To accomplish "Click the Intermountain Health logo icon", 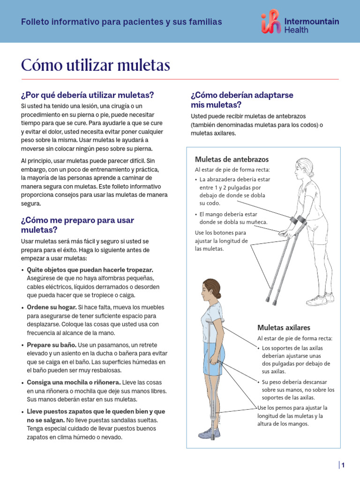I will coord(271,22).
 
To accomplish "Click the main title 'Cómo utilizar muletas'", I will coord(95,65).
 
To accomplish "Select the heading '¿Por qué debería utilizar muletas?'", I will coord(88,95).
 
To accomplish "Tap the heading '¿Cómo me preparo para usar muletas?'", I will coord(77,225).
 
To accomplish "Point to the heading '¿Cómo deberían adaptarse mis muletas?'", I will coord(242,99).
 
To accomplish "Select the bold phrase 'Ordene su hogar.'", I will coord(52,307).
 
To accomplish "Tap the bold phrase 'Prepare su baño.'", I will coord(52,345).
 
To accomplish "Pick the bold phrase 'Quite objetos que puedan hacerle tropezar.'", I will coord(90,270).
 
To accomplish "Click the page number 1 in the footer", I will coord(343,465).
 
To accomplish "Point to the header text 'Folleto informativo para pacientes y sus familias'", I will coord(121,22).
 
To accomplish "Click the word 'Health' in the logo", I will coord(297,30).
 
